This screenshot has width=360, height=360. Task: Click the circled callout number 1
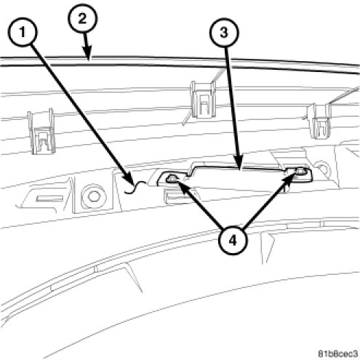coord(23,32)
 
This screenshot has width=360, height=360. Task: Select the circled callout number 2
coord(82,18)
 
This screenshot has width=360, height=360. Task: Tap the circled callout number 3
coord(224,32)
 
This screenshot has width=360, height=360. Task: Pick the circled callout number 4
coord(232,241)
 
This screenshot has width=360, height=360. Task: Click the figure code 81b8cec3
coord(338,353)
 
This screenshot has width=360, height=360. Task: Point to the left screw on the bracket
coord(172,179)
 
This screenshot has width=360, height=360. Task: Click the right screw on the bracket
coord(300,171)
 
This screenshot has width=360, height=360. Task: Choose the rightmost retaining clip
coord(319,121)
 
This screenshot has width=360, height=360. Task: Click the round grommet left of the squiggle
coord(94,196)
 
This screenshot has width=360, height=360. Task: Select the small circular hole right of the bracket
coord(321,168)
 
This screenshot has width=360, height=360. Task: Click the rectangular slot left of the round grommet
coord(49,199)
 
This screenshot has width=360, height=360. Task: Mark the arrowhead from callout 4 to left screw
coord(181,186)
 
